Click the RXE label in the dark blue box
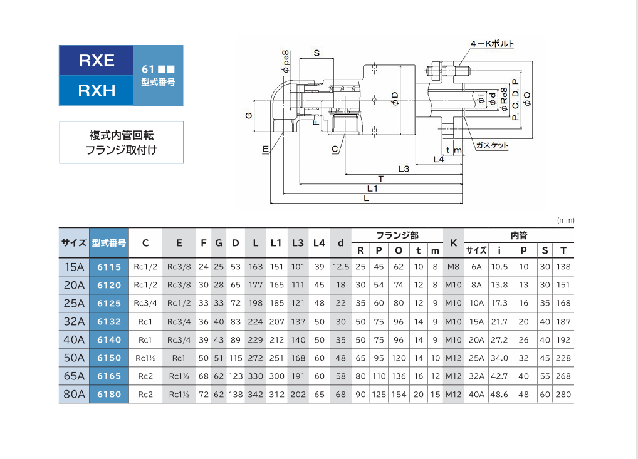coord(97,61)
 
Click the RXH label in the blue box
coord(97,91)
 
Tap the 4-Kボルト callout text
coord(492,43)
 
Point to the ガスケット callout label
coord(492,145)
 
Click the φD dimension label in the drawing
coord(394,98)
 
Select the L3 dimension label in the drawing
coord(404,168)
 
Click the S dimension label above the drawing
coord(316,53)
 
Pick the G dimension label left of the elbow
coord(249,115)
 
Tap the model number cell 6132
coord(109,322)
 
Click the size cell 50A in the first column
coord(74,358)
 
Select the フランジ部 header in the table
coord(397,235)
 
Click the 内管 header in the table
coord(519,235)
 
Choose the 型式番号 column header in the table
coord(109,243)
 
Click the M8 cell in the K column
coord(453,267)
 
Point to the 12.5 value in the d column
coord(340,267)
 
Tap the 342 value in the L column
coord(256,395)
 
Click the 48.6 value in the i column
coord(499,395)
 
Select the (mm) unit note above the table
coord(565,220)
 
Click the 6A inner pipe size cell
coord(476,267)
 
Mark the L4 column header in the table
coord(319,243)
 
